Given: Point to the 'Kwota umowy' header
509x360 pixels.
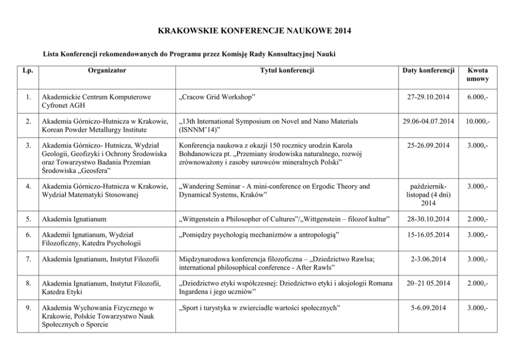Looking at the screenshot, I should tap(477, 75).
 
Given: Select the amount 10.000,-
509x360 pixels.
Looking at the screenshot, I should tap(477, 121).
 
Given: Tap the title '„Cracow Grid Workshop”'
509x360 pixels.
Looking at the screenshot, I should tap(218, 96).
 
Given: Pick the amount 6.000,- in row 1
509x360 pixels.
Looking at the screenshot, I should tap(477, 96).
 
